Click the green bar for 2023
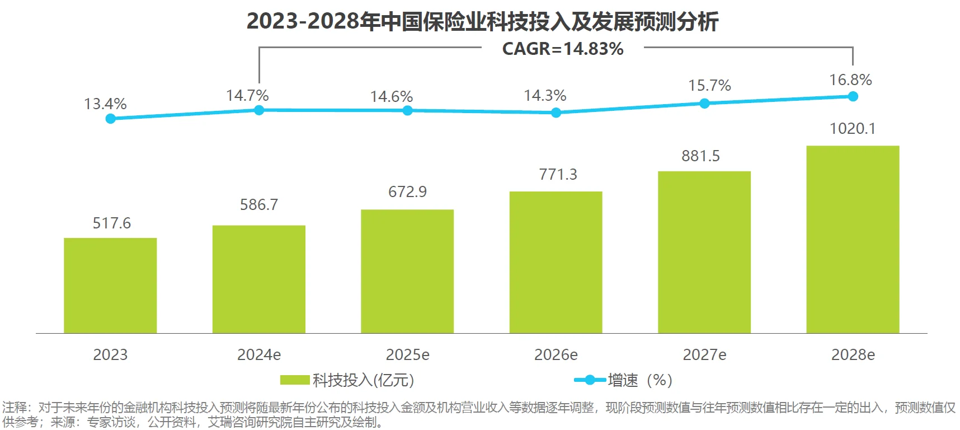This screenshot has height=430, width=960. tap(110, 286)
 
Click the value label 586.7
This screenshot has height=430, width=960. tap(258, 205)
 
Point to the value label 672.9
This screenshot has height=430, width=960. tap(407, 192)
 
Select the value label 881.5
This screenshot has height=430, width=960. tap(700, 156)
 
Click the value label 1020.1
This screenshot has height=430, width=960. tap(852, 129)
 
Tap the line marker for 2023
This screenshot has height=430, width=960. tap(111, 119)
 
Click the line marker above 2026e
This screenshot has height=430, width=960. tap(556, 113)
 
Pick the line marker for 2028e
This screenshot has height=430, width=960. tap(853, 96)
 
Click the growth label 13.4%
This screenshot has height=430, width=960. tap(105, 104)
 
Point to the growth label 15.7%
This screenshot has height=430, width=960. tap(709, 86)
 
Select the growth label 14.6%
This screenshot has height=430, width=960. tap(391, 97)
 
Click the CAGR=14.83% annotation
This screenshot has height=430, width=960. tap(562, 49)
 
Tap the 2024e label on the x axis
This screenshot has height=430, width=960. tap(258, 355)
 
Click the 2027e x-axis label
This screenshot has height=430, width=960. tap(704, 355)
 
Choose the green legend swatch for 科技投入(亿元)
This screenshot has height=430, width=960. tap(295, 380)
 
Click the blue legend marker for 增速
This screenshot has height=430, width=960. tap(589, 380)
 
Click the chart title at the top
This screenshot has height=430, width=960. tap(482, 21)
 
